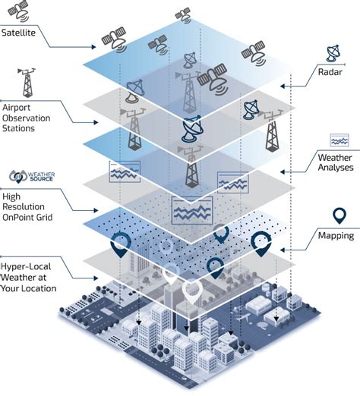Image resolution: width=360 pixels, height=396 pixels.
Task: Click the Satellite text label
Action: pyautogui.click(x=22, y=33)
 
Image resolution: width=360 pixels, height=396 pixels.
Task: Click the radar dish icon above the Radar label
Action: pyautogui.click(x=334, y=54)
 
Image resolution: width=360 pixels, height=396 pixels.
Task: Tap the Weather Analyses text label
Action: pyautogui.click(x=334, y=162)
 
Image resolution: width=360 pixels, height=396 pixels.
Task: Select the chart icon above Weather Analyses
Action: pyautogui.click(x=339, y=140)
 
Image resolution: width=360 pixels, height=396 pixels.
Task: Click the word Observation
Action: pyautogui.click(x=30, y=118)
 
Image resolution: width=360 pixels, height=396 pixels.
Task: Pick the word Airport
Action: pyautogui.click(x=20, y=107)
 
